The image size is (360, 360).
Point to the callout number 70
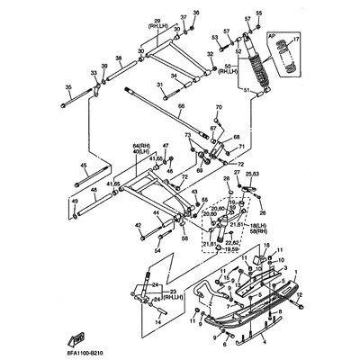click(x=218, y=108)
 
